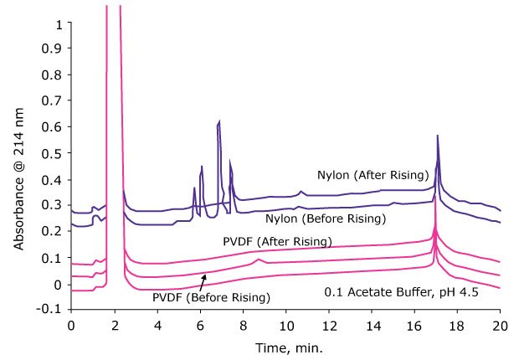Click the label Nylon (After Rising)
click(x=373, y=175)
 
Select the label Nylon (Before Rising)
click(x=326, y=219)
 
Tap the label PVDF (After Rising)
click(x=277, y=242)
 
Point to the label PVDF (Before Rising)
click(x=211, y=297)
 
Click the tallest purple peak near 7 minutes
click(x=219, y=122)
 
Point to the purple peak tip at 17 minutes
click(x=437, y=136)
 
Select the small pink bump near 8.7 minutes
click(x=259, y=260)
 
